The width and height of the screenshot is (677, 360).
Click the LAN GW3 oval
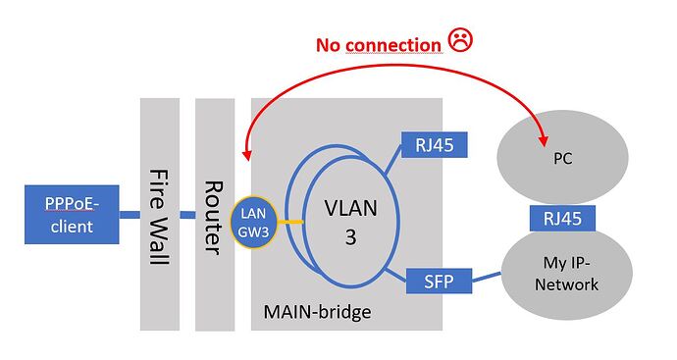click(251, 222)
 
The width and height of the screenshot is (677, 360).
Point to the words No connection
click(378, 44)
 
